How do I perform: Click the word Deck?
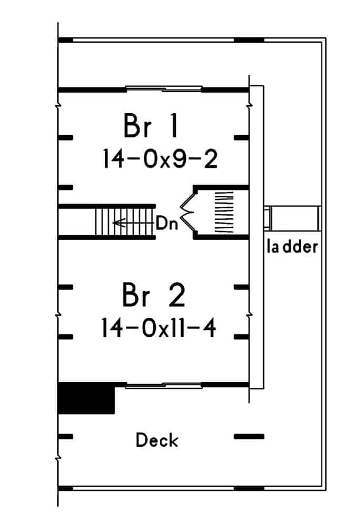pyautogui.click(x=157, y=440)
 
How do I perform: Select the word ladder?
pyautogui.click(x=293, y=246)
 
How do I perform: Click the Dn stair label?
pyautogui.click(x=167, y=223)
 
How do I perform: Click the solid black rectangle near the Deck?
pyautogui.click(x=86, y=398)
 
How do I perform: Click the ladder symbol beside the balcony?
pyautogui.click(x=293, y=217)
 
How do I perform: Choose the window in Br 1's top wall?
pyautogui.click(x=163, y=88)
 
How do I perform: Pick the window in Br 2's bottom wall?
pyautogui.click(x=163, y=386)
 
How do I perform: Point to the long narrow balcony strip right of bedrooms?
pyautogui.click(x=257, y=237)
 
